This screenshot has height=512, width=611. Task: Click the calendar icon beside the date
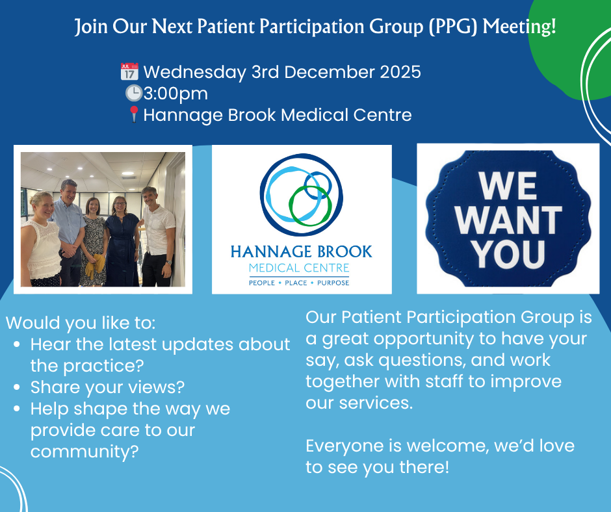(x=129, y=71)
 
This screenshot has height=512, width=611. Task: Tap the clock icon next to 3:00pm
(x=134, y=94)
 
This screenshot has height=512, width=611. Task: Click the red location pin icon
(x=134, y=114)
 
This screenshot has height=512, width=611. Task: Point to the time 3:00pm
(x=175, y=94)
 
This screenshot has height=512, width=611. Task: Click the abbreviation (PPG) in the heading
(x=453, y=27)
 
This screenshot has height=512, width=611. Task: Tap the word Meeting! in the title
(x=519, y=27)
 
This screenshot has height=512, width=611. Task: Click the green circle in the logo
(x=310, y=205)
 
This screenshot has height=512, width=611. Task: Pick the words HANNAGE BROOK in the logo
(x=301, y=251)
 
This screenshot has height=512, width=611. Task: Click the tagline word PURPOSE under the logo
(x=333, y=283)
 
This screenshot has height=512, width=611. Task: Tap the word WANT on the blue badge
(x=508, y=220)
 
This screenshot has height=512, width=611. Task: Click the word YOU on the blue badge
(x=508, y=254)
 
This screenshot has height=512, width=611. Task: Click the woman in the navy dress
(x=123, y=242)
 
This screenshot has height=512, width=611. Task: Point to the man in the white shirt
(x=158, y=237)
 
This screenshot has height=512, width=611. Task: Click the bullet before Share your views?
(x=16, y=387)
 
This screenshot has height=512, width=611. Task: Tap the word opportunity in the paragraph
(x=424, y=339)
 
